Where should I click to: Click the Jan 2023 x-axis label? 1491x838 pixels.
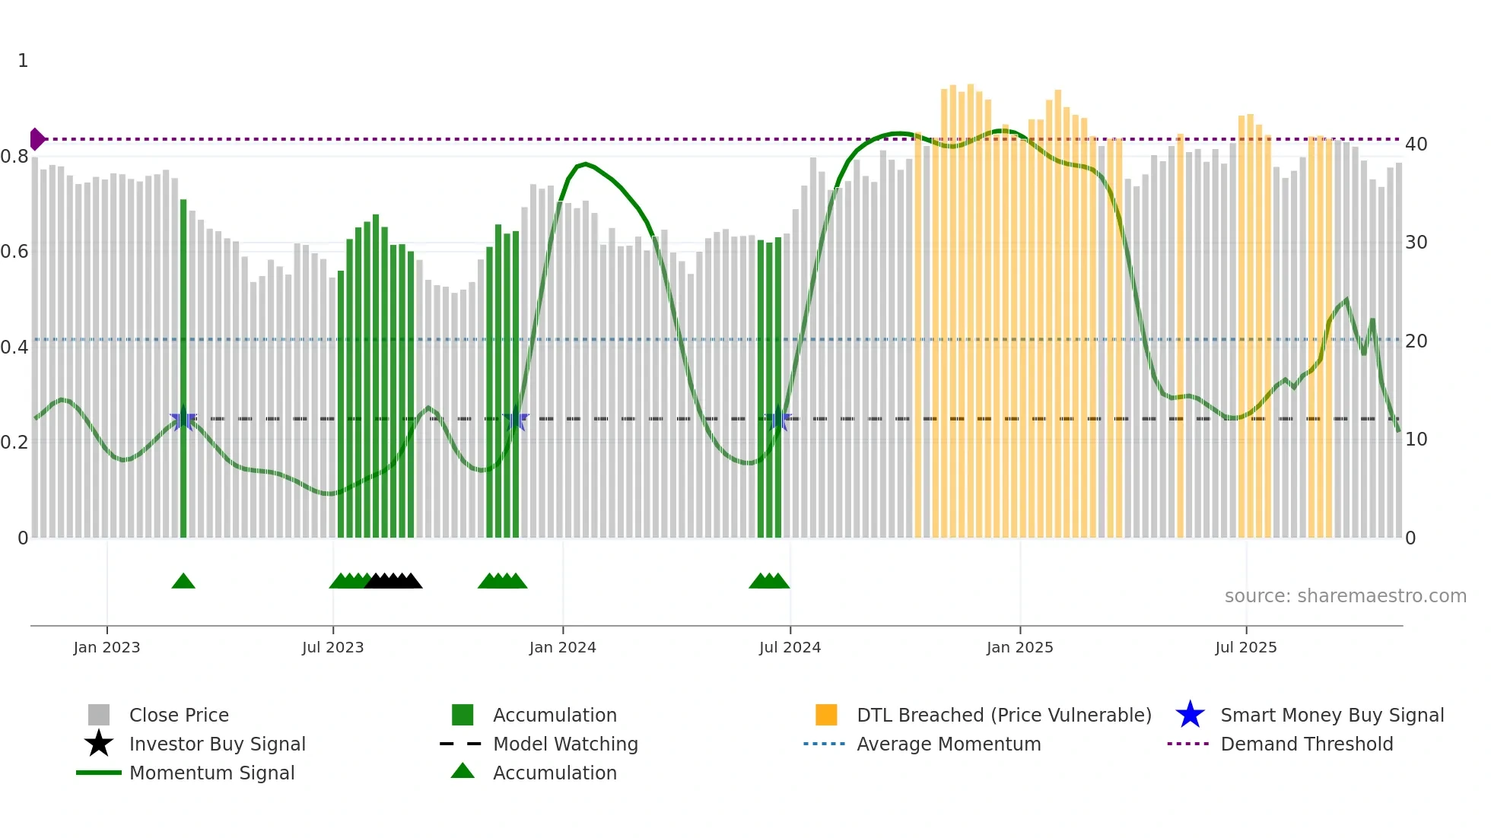pyautogui.click(x=106, y=647)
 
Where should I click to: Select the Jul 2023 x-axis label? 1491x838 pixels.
pyautogui.click(x=332, y=647)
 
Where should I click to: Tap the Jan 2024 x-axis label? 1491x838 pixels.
pyautogui.click(x=562, y=647)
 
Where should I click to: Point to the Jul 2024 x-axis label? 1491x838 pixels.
pyautogui.click(x=790, y=647)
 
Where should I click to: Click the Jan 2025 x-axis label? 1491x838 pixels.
pyautogui.click(x=1019, y=647)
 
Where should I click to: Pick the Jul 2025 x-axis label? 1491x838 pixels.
pyautogui.click(x=1245, y=647)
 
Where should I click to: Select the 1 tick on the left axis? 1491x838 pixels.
pyautogui.click(x=23, y=61)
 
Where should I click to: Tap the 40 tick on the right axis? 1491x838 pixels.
pyautogui.click(x=1416, y=144)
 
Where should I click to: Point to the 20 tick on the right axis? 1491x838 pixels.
pyautogui.click(x=1416, y=341)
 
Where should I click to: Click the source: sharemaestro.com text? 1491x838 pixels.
pyautogui.click(x=1345, y=596)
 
